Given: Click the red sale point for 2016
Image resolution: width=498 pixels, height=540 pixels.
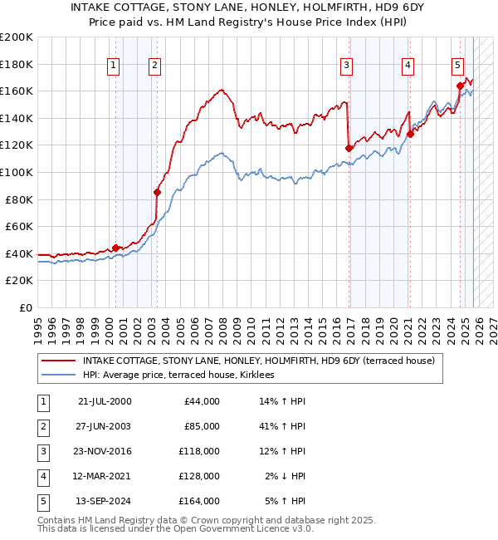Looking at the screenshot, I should pyautogui.click(x=349, y=148).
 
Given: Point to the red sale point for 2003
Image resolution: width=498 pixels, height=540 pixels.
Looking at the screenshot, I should pyautogui.click(x=156, y=192).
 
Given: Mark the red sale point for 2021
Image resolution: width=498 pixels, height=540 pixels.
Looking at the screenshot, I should pyautogui.click(x=410, y=135).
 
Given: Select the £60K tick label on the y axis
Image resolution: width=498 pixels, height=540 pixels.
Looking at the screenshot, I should pyautogui.click(x=19, y=226).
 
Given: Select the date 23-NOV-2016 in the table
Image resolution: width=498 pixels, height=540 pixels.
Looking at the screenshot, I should pyautogui.click(x=104, y=451).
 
